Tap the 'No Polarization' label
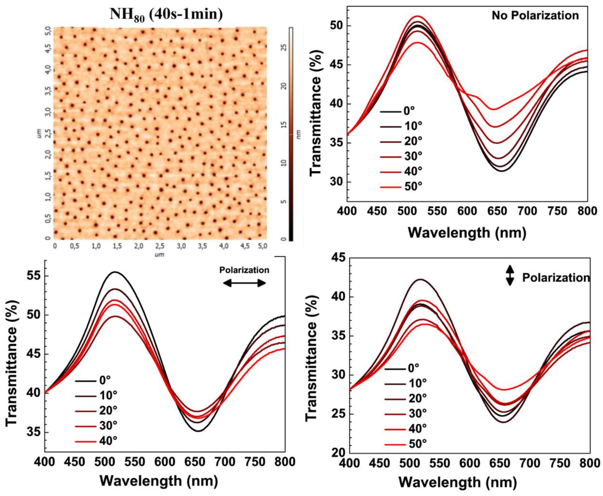pyautogui.click(x=535, y=15)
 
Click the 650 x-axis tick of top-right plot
pyautogui.click(x=498, y=211)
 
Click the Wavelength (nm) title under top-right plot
pyautogui.click(x=467, y=233)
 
